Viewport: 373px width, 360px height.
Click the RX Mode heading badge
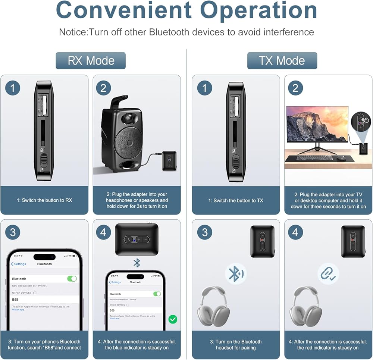pos(91,60)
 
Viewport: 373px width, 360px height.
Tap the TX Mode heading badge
pos(282,60)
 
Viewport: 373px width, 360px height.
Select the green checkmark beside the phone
pos(173,319)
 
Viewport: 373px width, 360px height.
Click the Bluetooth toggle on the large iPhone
pos(72,279)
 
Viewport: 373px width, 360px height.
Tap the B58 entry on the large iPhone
pos(15,300)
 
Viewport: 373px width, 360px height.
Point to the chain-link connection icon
pos(328,274)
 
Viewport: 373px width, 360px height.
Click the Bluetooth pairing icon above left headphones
pos(236,274)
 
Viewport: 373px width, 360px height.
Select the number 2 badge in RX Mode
pos(103,88)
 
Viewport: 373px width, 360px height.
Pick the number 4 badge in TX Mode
pos(295,232)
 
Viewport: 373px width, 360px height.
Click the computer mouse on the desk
pos(341,158)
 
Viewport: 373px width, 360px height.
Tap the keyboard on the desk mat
pos(314,158)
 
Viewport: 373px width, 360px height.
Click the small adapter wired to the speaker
pos(169,160)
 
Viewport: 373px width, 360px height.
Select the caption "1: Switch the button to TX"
pos(236,200)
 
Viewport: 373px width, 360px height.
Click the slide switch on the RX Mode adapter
pos(44,159)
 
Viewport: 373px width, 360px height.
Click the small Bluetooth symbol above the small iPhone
pos(137,263)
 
